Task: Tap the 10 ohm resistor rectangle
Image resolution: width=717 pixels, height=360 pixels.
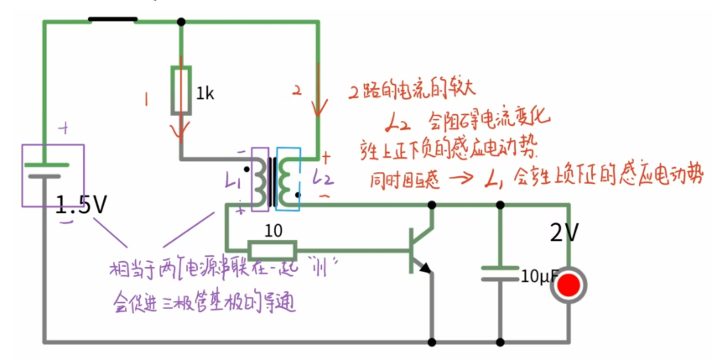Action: click(272, 249)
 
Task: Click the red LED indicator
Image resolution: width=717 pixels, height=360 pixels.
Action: click(569, 285)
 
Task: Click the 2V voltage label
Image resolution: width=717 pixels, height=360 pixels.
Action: click(565, 232)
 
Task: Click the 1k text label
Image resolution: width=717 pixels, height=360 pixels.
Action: click(205, 94)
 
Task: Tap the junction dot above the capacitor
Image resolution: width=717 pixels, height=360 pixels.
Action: click(501, 204)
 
